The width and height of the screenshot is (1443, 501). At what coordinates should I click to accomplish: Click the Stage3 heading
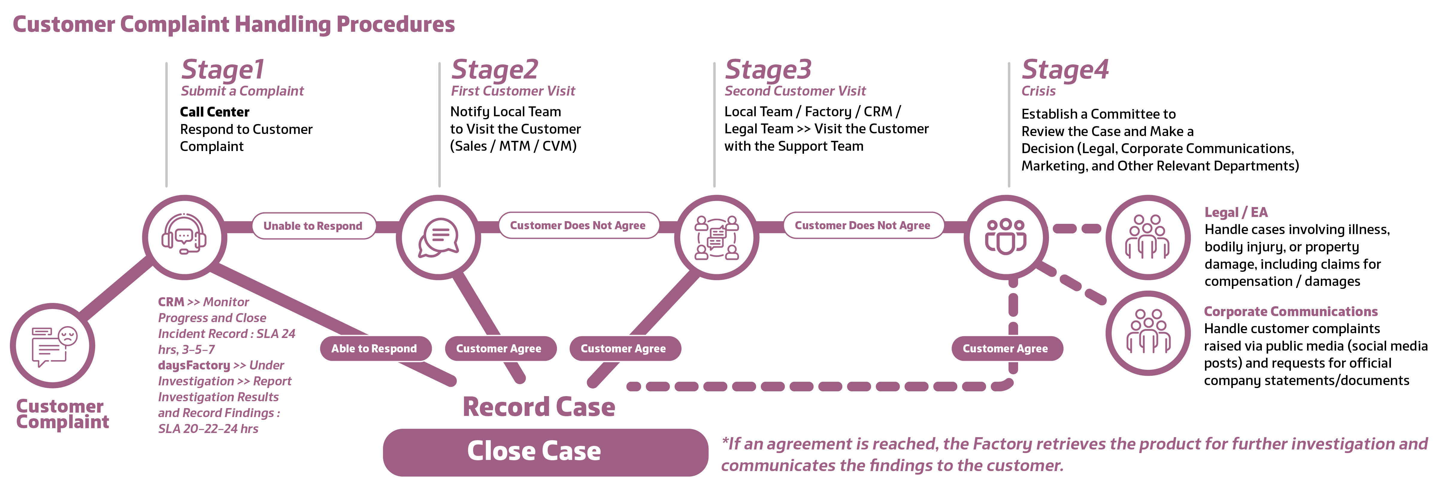[x=768, y=70]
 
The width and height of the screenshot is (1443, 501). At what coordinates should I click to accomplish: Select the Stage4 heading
[x=1065, y=70]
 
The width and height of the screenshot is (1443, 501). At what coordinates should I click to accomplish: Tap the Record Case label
[x=539, y=407]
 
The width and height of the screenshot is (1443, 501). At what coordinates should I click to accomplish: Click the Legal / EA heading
[x=1236, y=212]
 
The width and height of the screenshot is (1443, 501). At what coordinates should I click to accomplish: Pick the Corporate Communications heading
[x=1291, y=312]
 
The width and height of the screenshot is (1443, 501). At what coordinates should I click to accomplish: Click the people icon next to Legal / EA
[x=1148, y=237]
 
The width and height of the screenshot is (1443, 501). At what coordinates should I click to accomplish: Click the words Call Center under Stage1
[x=214, y=112]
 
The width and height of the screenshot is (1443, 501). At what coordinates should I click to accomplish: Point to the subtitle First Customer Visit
[x=513, y=91]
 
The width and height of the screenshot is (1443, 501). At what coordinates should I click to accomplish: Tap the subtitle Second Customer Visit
[x=795, y=91]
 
